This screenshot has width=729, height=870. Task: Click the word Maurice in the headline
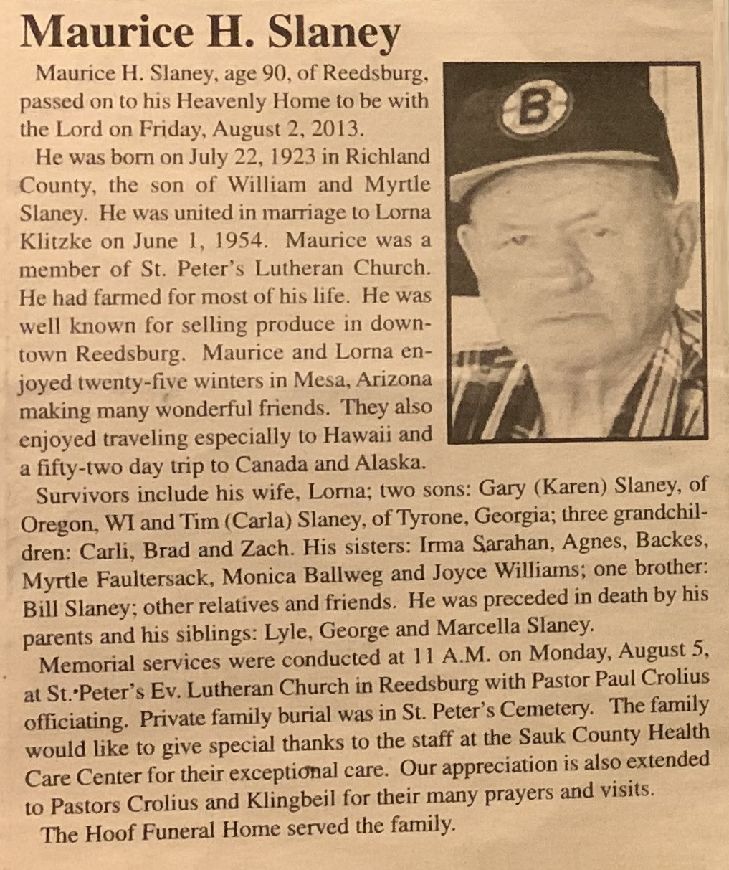(x=97, y=32)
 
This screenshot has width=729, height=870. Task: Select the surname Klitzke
(x=54, y=240)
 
